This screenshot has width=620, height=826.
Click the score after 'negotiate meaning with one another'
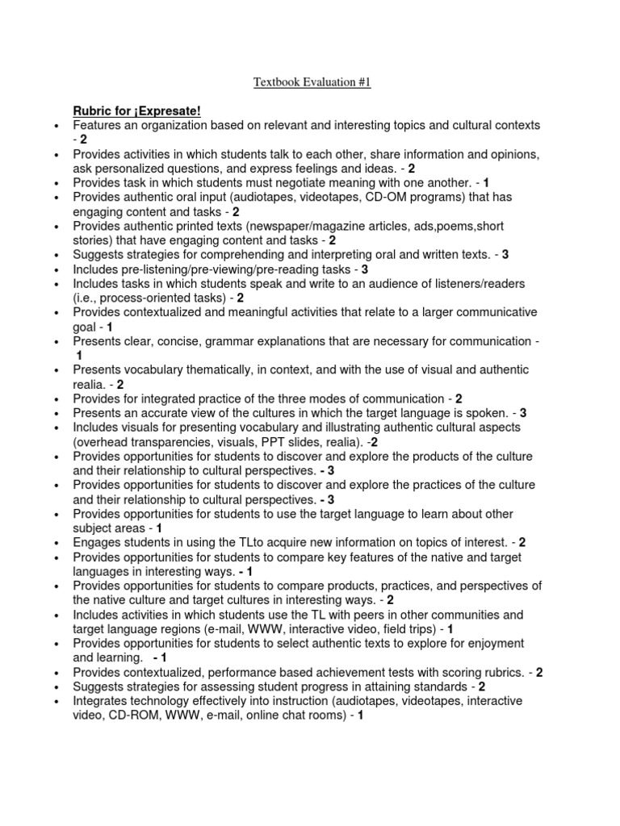487,182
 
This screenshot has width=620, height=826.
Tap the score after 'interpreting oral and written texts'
505,254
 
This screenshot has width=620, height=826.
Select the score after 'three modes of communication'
459,398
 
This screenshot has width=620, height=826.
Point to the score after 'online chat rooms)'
360,715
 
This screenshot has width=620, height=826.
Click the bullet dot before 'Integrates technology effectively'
54,702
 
